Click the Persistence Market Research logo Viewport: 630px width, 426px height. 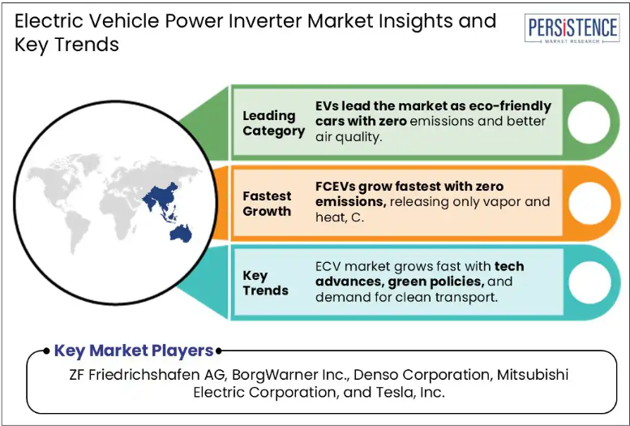[x=572, y=28]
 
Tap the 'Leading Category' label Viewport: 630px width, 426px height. [x=273, y=123]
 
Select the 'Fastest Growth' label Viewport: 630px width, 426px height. [x=267, y=204]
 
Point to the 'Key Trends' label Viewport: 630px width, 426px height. [x=265, y=283]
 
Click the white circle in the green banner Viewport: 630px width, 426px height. [x=589, y=123]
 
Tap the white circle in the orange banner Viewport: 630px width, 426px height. [x=589, y=203]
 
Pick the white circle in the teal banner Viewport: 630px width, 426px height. [x=589, y=282]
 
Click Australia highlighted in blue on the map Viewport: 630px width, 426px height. [x=181, y=234]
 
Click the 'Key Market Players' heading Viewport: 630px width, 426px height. [x=134, y=351]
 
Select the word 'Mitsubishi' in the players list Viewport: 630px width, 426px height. [x=533, y=375]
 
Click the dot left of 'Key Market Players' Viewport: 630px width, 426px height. [x=46, y=351]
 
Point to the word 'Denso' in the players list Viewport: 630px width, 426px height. [x=375, y=375]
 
